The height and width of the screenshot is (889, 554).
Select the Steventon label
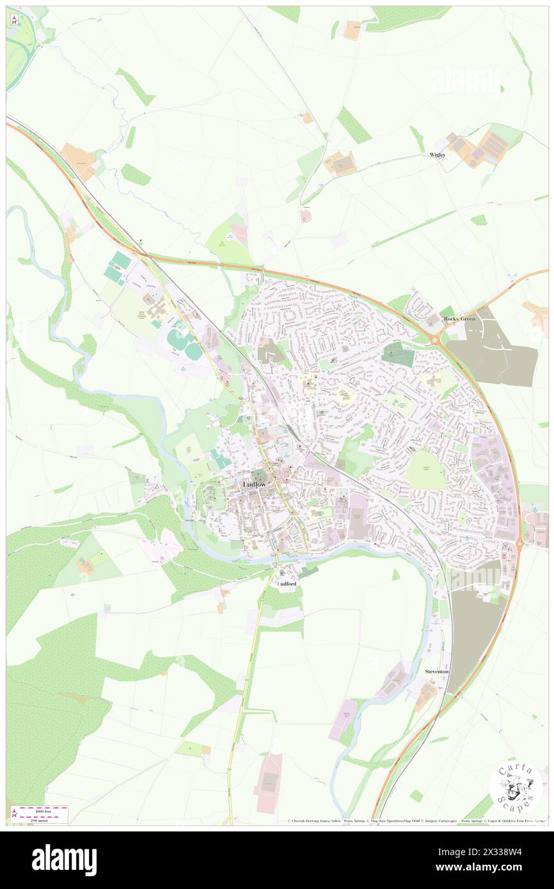[438, 672]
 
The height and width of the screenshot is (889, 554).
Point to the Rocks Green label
[460, 318]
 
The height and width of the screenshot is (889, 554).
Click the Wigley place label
[437, 155]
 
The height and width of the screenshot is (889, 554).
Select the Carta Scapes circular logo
[516, 788]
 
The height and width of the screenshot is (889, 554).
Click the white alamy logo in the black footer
[64, 860]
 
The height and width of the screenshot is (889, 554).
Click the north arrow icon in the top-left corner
[14, 19]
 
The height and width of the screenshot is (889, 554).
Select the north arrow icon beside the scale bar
[14, 814]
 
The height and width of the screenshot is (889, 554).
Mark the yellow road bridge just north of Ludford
[277, 558]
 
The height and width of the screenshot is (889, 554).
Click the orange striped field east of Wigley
[493, 146]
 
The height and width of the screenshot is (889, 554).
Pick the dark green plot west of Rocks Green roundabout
[398, 354]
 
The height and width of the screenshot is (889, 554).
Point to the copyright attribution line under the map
[416, 821]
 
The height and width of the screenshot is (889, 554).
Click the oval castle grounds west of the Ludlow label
[214, 498]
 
